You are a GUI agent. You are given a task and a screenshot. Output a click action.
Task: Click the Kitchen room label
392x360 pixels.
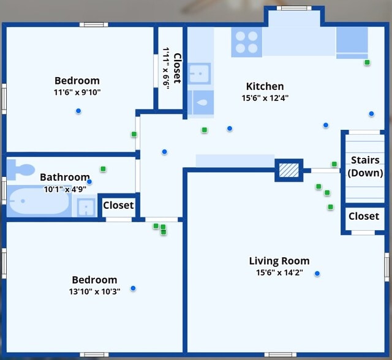[265, 86]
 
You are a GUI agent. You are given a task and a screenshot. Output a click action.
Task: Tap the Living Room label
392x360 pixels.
[279, 261]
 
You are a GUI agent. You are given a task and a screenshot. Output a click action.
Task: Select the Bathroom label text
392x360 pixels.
[64, 177]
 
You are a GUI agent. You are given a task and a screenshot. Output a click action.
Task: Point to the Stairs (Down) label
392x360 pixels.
[366, 167]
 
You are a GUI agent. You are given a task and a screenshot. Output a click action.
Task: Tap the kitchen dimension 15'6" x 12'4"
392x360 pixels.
[265, 97]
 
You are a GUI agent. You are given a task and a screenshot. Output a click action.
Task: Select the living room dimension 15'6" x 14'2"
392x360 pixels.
[279, 272]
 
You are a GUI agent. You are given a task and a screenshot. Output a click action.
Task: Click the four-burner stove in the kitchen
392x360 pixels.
[246, 42]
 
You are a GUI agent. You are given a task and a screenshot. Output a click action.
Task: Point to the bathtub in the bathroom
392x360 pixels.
[38, 201]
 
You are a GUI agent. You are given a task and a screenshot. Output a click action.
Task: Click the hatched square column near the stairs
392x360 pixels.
[288, 169]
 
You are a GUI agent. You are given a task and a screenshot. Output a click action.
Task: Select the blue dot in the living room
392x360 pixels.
[317, 274]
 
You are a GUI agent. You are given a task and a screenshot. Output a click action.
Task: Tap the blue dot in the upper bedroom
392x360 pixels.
[78, 111]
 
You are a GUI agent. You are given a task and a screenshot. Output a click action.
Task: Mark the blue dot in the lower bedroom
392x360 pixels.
[133, 288]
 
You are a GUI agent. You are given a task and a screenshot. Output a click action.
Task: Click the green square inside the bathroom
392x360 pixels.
[104, 169]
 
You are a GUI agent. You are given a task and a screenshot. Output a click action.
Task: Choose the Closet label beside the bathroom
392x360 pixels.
[118, 205]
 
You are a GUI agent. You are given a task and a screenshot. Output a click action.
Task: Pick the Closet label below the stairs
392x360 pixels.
[364, 216]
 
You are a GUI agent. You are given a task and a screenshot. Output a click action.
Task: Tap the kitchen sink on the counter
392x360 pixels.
[199, 74]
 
